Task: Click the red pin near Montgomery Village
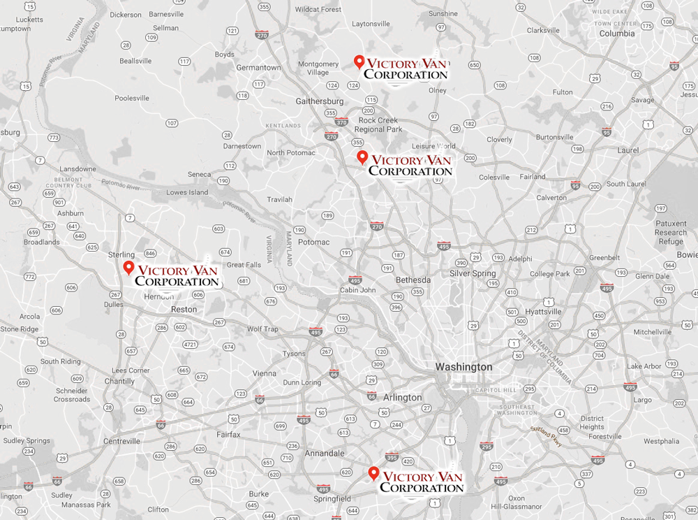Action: (359, 62)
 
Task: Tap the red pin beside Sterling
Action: (128, 268)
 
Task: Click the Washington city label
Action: (463, 367)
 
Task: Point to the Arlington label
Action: (402, 397)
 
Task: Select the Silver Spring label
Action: (473, 273)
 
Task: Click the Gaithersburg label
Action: (320, 101)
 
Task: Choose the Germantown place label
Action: (258, 68)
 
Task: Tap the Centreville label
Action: (121, 441)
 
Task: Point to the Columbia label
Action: (617, 34)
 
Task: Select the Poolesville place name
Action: (132, 99)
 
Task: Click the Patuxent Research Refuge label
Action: (670, 233)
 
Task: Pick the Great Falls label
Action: (244, 265)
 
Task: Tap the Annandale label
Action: (325, 454)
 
